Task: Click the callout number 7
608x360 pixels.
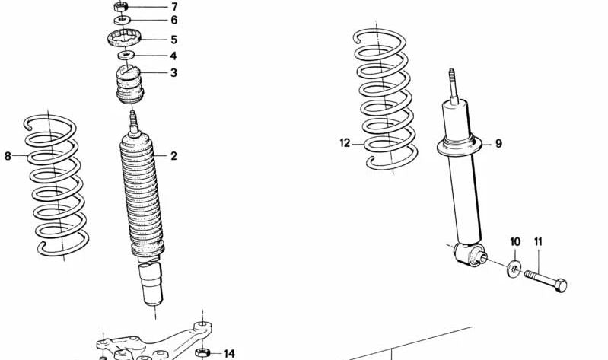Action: click(x=173, y=7)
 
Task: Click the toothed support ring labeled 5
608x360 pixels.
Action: click(x=123, y=38)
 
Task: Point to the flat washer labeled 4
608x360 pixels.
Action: click(x=126, y=56)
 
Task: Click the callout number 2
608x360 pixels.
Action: click(x=173, y=156)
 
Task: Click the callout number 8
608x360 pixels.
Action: click(x=8, y=156)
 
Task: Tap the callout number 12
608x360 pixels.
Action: click(x=345, y=142)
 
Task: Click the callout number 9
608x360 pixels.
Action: click(x=498, y=143)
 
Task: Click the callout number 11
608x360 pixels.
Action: click(x=539, y=242)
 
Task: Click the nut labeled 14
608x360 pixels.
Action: click(x=202, y=352)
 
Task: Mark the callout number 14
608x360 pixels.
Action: click(x=229, y=353)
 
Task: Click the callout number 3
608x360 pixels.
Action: click(x=173, y=73)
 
